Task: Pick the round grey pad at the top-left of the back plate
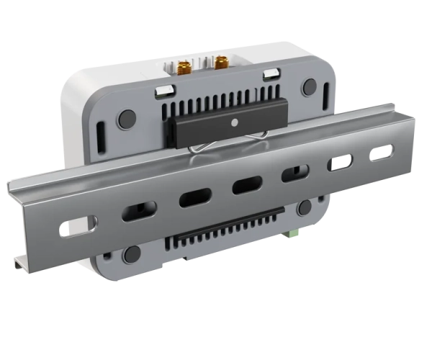tap(127, 117)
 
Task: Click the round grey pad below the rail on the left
tap(132, 253)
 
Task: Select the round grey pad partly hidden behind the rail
tap(305, 208)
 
